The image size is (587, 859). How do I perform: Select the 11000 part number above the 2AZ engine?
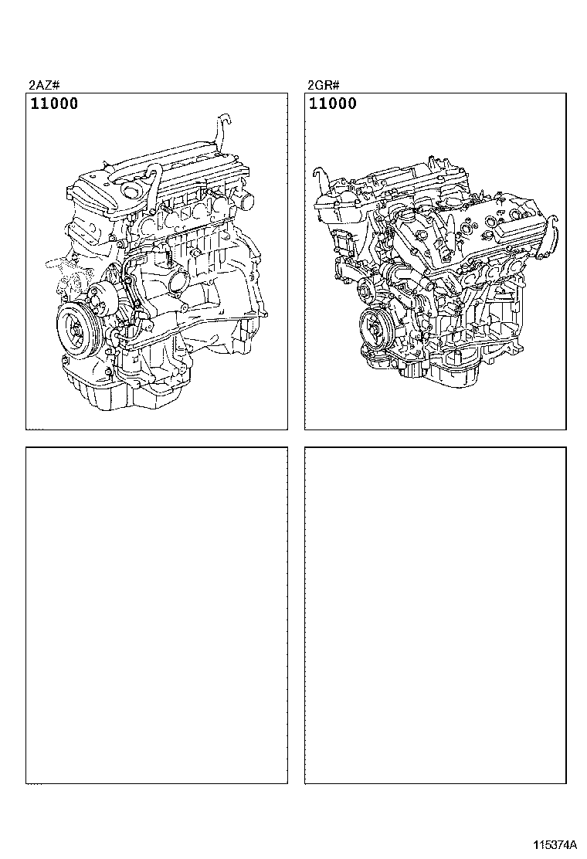click(x=54, y=104)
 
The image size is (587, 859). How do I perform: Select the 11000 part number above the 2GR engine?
click(x=333, y=104)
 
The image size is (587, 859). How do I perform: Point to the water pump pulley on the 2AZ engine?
click(x=100, y=298)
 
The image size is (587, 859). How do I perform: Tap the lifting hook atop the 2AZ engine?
click(x=223, y=127)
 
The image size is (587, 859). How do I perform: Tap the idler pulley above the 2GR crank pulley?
click(x=368, y=290)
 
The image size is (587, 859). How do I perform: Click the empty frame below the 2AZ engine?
click(x=157, y=614)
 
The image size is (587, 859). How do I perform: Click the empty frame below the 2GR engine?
click(x=436, y=614)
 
